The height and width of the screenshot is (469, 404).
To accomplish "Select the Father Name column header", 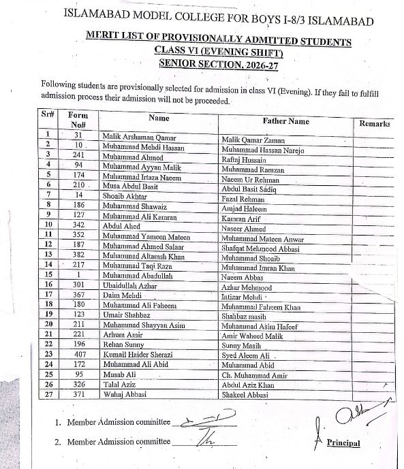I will point(285,121).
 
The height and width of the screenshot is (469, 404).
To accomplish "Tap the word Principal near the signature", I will point(343,443).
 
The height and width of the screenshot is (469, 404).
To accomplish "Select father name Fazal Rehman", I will point(245,197).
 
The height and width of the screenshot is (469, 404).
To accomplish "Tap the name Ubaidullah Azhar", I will point(131,285).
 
